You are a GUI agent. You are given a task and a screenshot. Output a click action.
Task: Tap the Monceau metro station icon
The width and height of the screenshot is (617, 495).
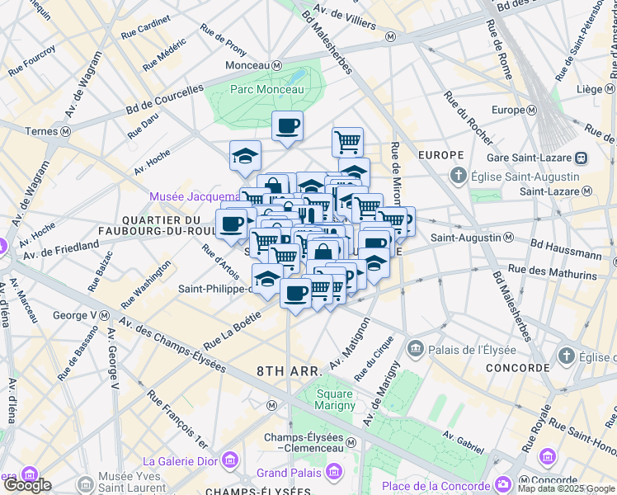click(x=278, y=65)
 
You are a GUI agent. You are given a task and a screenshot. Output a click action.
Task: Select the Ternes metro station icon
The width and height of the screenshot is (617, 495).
click(x=64, y=130)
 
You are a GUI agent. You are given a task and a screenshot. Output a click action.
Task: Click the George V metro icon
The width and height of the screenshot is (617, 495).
click(x=105, y=315)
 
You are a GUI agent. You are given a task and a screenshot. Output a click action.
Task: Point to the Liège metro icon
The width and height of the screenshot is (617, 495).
click(x=610, y=88)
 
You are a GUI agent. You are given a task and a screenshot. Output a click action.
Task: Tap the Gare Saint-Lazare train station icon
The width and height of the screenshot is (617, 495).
click(x=582, y=157)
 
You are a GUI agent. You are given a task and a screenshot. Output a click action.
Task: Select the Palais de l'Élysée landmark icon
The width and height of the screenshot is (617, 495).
click(x=416, y=348)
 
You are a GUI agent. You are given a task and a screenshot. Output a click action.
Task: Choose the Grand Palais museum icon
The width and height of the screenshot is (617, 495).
click(x=334, y=473)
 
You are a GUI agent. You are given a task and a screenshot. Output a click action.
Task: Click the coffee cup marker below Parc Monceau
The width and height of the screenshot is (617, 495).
click(x=287, y=126)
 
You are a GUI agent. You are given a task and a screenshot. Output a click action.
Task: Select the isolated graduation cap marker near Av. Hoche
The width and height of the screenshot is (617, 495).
click(x=245, y=155)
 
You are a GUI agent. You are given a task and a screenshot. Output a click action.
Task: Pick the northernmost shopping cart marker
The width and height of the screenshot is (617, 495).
click(x=348, y=141)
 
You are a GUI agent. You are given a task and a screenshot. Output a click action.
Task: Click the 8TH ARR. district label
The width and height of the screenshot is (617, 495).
click(x=287, y=371)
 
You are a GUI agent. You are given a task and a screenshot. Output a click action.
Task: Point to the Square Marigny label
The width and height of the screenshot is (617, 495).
click(x=335, y=398)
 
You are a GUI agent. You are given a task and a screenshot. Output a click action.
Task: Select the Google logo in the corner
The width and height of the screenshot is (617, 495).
click(x=26, y=485)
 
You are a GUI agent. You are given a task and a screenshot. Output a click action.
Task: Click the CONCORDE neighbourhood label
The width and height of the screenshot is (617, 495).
click(x=517, y=367)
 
